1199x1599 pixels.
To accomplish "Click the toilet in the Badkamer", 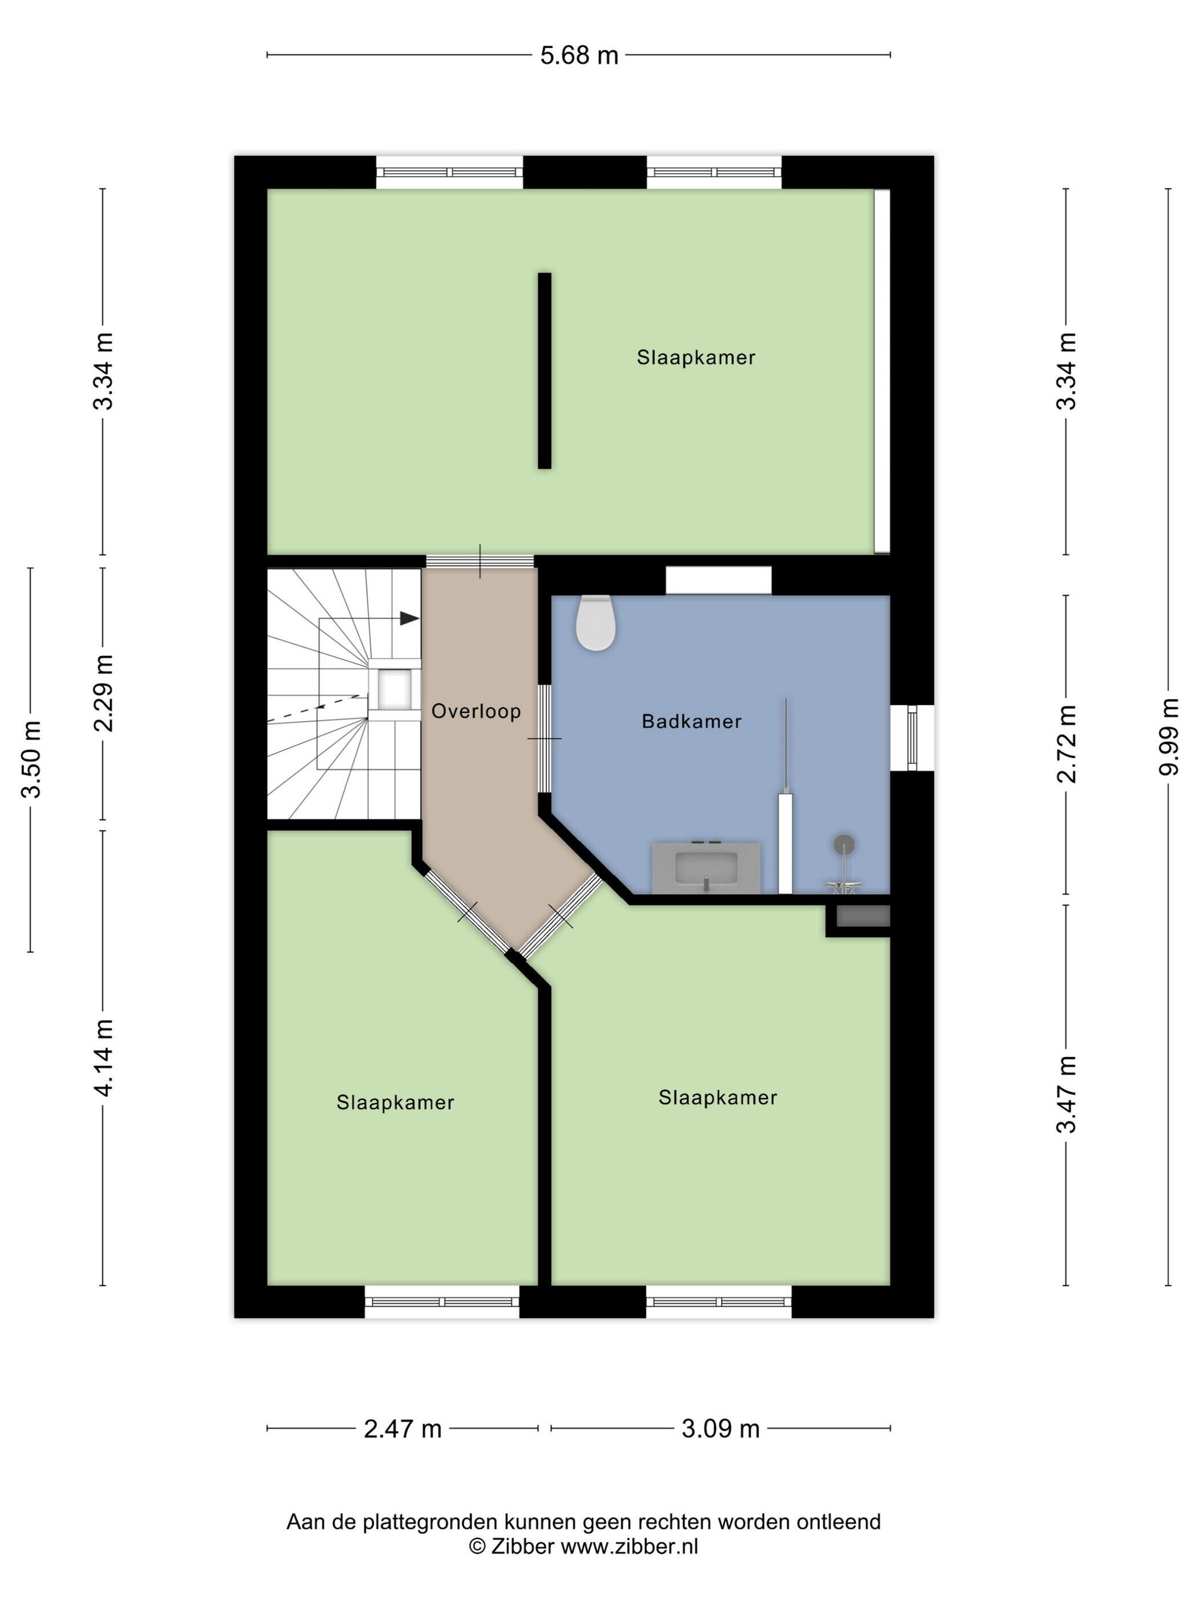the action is coord(596,622).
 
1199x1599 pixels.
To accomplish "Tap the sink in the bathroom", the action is coord(706,867).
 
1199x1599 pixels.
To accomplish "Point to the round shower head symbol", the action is coord(843,844).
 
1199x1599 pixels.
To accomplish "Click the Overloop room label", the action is coord(476,712).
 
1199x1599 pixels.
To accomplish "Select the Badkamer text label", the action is coord(691,721).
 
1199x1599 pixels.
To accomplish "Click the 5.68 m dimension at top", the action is coord(579,55).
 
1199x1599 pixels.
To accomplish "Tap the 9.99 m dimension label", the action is coord(1169,737).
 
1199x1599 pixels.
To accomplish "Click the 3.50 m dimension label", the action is coord(31,759).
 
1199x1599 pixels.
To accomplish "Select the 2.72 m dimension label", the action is coord(1067,744).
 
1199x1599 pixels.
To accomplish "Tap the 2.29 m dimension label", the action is coord(103,693).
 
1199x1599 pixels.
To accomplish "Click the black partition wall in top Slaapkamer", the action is coord(544,371).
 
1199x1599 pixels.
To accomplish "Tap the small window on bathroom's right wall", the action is coord(912,737).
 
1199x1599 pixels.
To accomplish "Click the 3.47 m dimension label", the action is coord(1067,1094).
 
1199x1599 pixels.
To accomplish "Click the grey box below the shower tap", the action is coord(863,916).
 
